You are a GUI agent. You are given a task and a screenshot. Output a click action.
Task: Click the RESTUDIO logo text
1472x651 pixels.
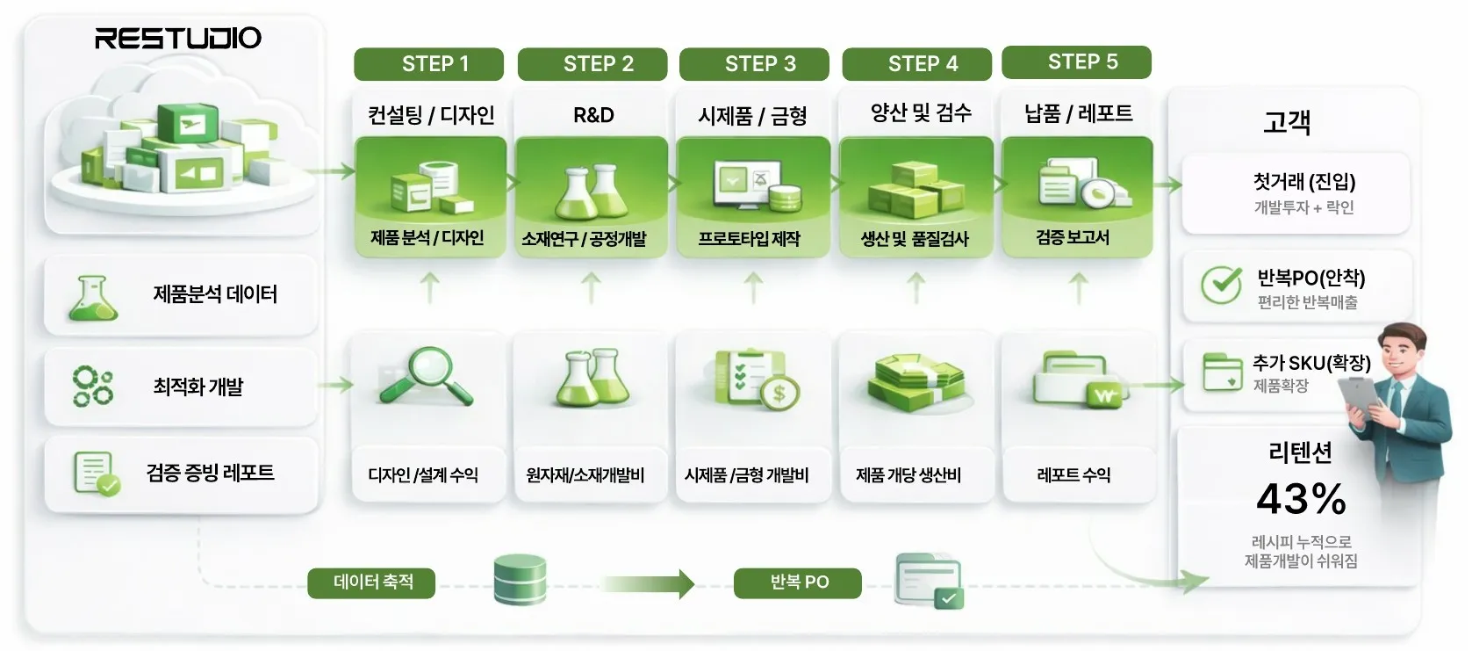coord(178,38)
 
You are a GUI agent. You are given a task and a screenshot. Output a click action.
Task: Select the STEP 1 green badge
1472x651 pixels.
coord(428,64)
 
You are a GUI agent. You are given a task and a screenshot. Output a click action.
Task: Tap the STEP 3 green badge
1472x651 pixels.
coord(754,64)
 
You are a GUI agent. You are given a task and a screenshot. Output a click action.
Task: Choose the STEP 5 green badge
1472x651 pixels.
coord(1076,62)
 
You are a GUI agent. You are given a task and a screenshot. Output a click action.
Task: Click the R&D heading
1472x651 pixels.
coord(593,115)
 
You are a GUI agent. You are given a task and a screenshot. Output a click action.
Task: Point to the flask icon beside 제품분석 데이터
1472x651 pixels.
coord(92,297)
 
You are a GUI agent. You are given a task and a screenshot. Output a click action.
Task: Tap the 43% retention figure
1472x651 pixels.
coord(1301,499)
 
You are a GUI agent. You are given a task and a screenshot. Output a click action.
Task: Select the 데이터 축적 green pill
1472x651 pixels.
coord(371,582)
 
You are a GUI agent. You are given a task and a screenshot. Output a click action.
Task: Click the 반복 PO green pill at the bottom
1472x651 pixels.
coord(798,582)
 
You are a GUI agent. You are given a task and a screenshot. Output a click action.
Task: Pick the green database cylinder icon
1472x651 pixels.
coord(520,579)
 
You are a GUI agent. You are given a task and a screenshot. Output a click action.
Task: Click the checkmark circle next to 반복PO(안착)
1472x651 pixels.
coord(1220,285)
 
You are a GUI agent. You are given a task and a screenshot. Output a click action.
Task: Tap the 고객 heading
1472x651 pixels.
coord(1287,122)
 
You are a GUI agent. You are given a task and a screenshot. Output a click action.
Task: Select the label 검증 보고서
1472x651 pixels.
coord(1073,238)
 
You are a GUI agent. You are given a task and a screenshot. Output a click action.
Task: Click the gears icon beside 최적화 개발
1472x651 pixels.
coord(93,387)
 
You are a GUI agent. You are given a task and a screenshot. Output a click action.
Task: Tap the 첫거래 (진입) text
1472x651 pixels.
coord(1303,182)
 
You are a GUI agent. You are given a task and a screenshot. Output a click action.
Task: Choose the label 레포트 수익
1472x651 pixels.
coord(1073,475)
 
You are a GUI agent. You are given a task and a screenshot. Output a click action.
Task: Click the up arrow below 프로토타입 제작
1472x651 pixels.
coord(753,287)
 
